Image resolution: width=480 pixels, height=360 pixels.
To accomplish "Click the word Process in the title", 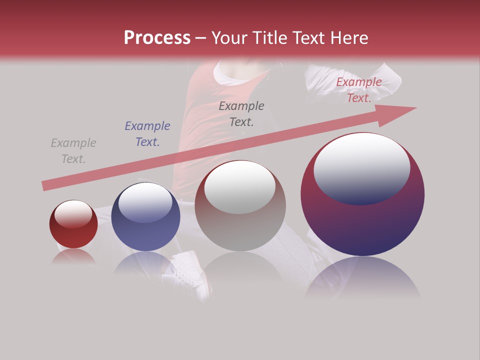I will click(157, 38).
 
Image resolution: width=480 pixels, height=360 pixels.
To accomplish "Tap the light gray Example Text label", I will click(73, 151).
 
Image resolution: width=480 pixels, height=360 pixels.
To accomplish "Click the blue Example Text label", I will click(147, 134).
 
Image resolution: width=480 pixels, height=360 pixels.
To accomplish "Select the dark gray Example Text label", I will click(241, 114).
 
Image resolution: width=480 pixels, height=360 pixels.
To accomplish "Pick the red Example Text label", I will click(359, 90).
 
